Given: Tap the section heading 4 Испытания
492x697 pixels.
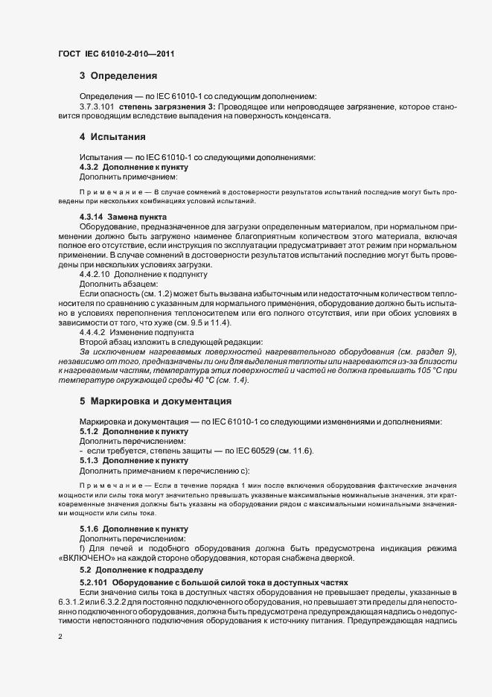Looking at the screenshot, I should (x=112, y=137).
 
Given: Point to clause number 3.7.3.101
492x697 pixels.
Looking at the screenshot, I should (x=97, y=107).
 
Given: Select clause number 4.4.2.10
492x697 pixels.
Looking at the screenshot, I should (x=94, y=274).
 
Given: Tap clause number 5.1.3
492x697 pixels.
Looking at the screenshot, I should (x=89, y=461).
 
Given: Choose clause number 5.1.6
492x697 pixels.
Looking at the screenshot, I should (x=89, y=529).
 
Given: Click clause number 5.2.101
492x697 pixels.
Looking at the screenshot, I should (x=95, y=581).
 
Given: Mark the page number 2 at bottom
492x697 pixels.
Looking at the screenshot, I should (x=60, y=637).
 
